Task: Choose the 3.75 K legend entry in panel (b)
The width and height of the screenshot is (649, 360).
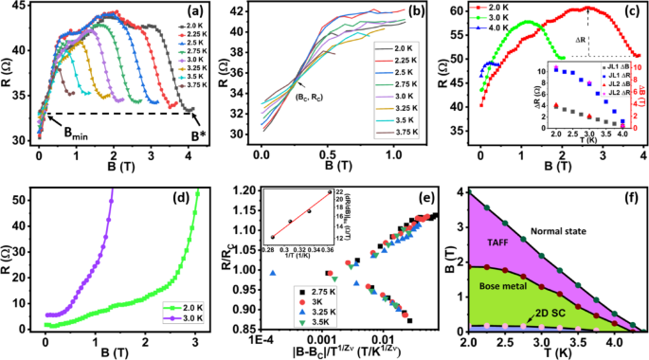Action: pos(400,147)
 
